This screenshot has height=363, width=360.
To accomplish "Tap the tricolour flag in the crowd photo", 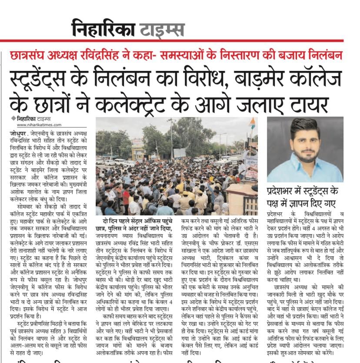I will (x=252, y=123).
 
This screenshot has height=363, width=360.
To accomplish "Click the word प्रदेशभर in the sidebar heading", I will (x=283, y=192).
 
